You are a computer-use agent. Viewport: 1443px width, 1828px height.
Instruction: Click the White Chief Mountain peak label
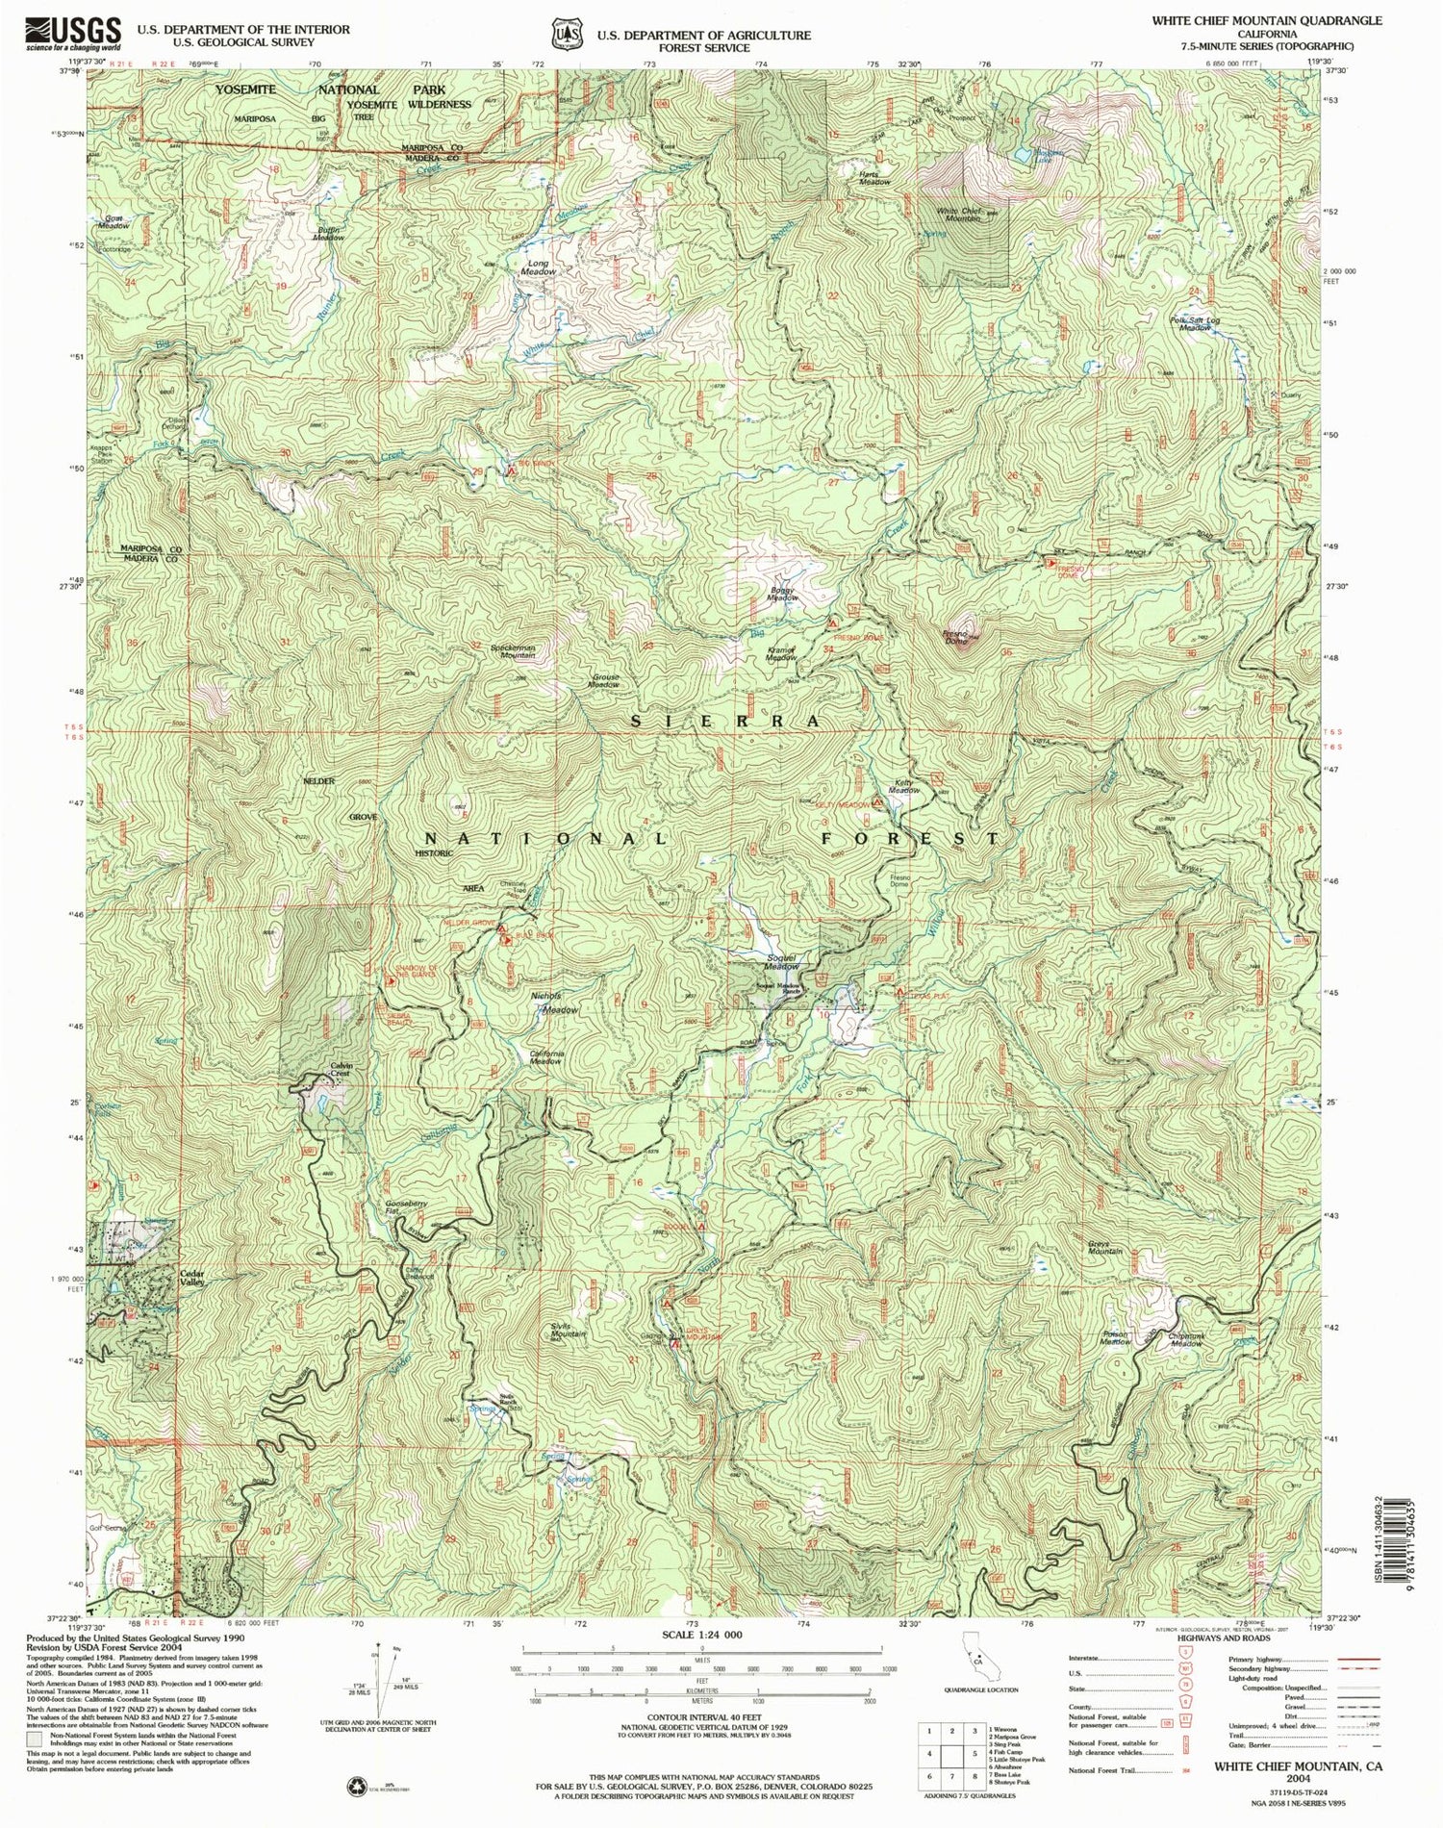tap(956, 214)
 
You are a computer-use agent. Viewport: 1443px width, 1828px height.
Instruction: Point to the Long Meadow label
tap(538, 267)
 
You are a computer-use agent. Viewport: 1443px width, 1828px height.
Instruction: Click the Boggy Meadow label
tap(782, 594)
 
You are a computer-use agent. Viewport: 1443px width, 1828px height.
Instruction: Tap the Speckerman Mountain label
tap(512, 650)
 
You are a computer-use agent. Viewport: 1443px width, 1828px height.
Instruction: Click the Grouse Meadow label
tap(603, 680)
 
